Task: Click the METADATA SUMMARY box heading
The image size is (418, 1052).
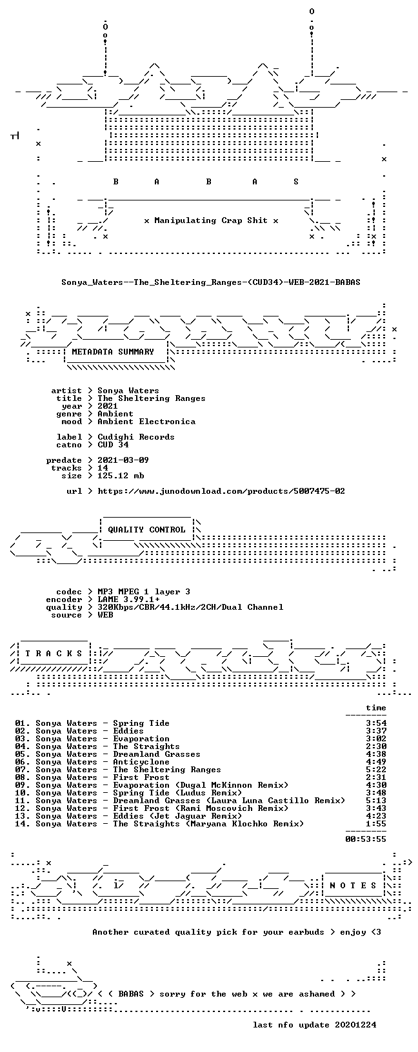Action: tap(113, 352)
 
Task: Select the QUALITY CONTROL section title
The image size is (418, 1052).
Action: tap(146, 530)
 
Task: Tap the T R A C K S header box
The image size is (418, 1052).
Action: tap(54, 653)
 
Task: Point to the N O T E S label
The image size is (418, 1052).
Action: tap(353, 885)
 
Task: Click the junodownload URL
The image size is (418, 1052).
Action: tap(221, 491)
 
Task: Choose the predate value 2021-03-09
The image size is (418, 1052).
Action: tap(123, 460)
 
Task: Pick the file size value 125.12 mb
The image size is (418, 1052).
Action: tap(121, 476)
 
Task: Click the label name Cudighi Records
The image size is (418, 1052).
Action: tap(136, 437)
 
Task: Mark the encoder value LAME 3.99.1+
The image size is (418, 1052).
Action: tap(128, 599)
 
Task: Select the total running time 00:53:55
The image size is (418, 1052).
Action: tap(366, 839)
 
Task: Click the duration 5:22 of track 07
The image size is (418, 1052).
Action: tap(376, 769)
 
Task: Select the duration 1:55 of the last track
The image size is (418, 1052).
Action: tap(376, 823)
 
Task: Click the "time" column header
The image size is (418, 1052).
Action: tap(376, 708)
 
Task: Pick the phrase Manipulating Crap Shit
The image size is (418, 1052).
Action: tap(211, 220)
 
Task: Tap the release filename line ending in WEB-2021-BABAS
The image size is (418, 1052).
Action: tap(211, 282)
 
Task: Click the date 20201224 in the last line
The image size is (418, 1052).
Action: tap(355, 1024)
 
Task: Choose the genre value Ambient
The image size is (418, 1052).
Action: tap(115, 414)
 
